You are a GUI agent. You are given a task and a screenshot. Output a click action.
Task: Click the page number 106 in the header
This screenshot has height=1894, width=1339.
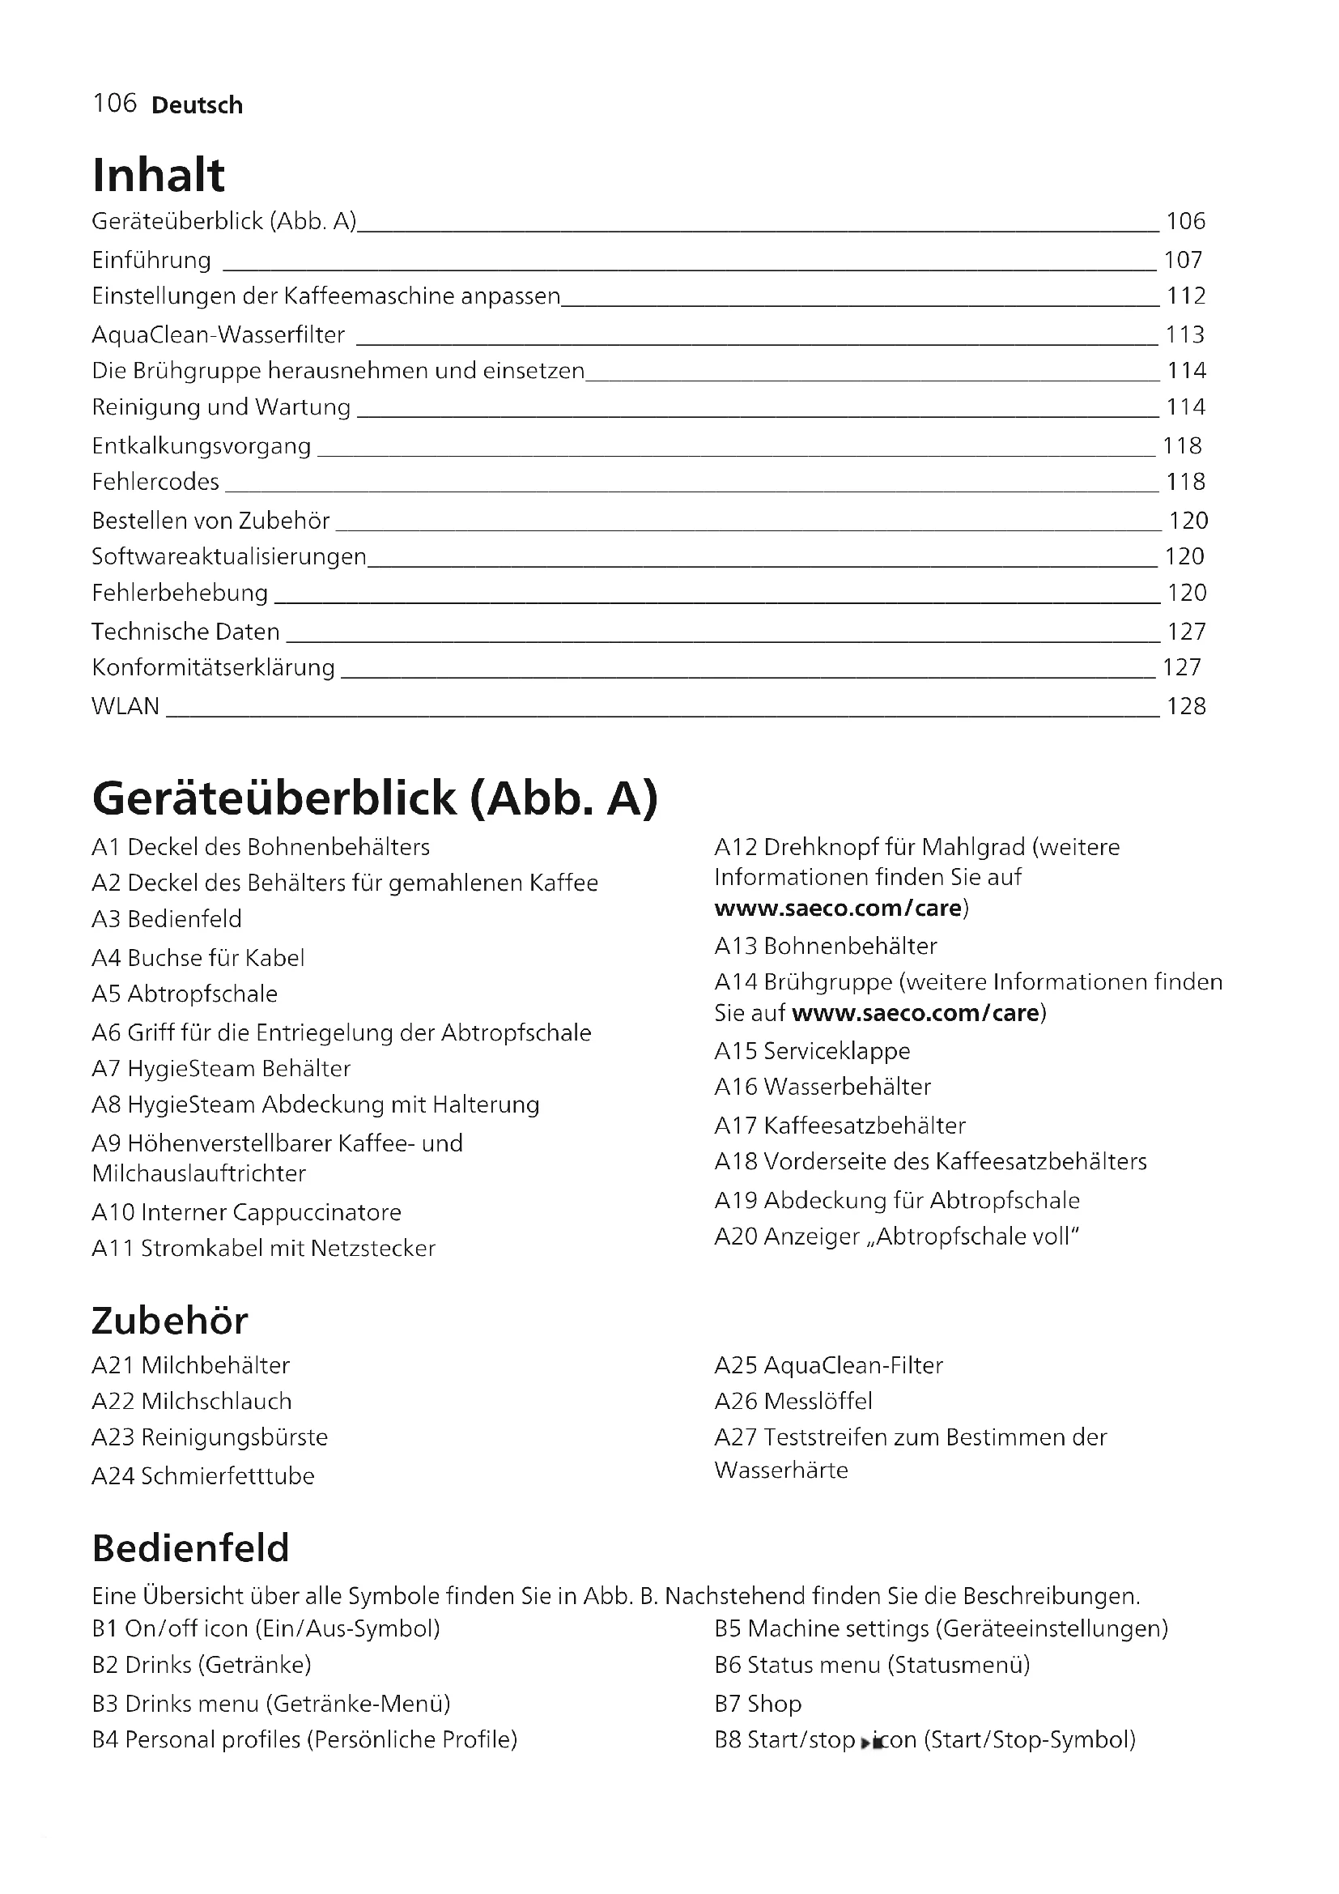115,103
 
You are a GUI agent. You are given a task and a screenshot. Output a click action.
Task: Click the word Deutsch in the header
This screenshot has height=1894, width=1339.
197,104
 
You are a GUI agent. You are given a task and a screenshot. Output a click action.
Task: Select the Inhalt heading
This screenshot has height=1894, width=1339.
159,175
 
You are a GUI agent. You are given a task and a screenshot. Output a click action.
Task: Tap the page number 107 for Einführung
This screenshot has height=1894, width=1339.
1184,261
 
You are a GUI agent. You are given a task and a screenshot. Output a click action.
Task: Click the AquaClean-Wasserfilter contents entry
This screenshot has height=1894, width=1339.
219,335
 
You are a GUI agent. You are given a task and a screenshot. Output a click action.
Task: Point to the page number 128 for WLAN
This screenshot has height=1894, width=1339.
1186,706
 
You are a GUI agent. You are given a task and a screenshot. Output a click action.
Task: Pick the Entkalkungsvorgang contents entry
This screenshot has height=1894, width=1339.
202,446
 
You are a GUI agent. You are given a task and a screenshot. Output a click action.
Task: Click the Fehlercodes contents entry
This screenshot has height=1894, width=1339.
155,482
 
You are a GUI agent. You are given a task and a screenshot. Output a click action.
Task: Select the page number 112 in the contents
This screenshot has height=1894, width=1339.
1186,296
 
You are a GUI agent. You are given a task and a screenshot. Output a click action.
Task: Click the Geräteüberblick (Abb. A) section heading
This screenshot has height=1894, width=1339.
375,798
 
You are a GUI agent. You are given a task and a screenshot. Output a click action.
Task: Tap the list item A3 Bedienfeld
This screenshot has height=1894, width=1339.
168,919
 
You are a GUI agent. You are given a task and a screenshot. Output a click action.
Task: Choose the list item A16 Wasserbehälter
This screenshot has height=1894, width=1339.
822,1087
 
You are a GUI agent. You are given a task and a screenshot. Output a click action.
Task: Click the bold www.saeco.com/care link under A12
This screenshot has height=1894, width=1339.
838,909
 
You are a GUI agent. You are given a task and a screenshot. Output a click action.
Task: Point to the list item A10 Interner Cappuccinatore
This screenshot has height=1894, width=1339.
247,1212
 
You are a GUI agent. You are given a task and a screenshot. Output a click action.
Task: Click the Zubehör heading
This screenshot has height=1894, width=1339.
170,1321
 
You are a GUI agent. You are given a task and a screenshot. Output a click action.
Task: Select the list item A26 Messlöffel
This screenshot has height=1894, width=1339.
793,1401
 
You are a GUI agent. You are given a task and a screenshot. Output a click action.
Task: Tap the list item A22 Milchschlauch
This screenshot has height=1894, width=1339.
192,1401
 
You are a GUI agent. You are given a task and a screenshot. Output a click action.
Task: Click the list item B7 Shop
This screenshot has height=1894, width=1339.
758,1704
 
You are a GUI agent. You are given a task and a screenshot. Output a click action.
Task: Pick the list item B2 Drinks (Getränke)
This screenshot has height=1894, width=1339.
202,1665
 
